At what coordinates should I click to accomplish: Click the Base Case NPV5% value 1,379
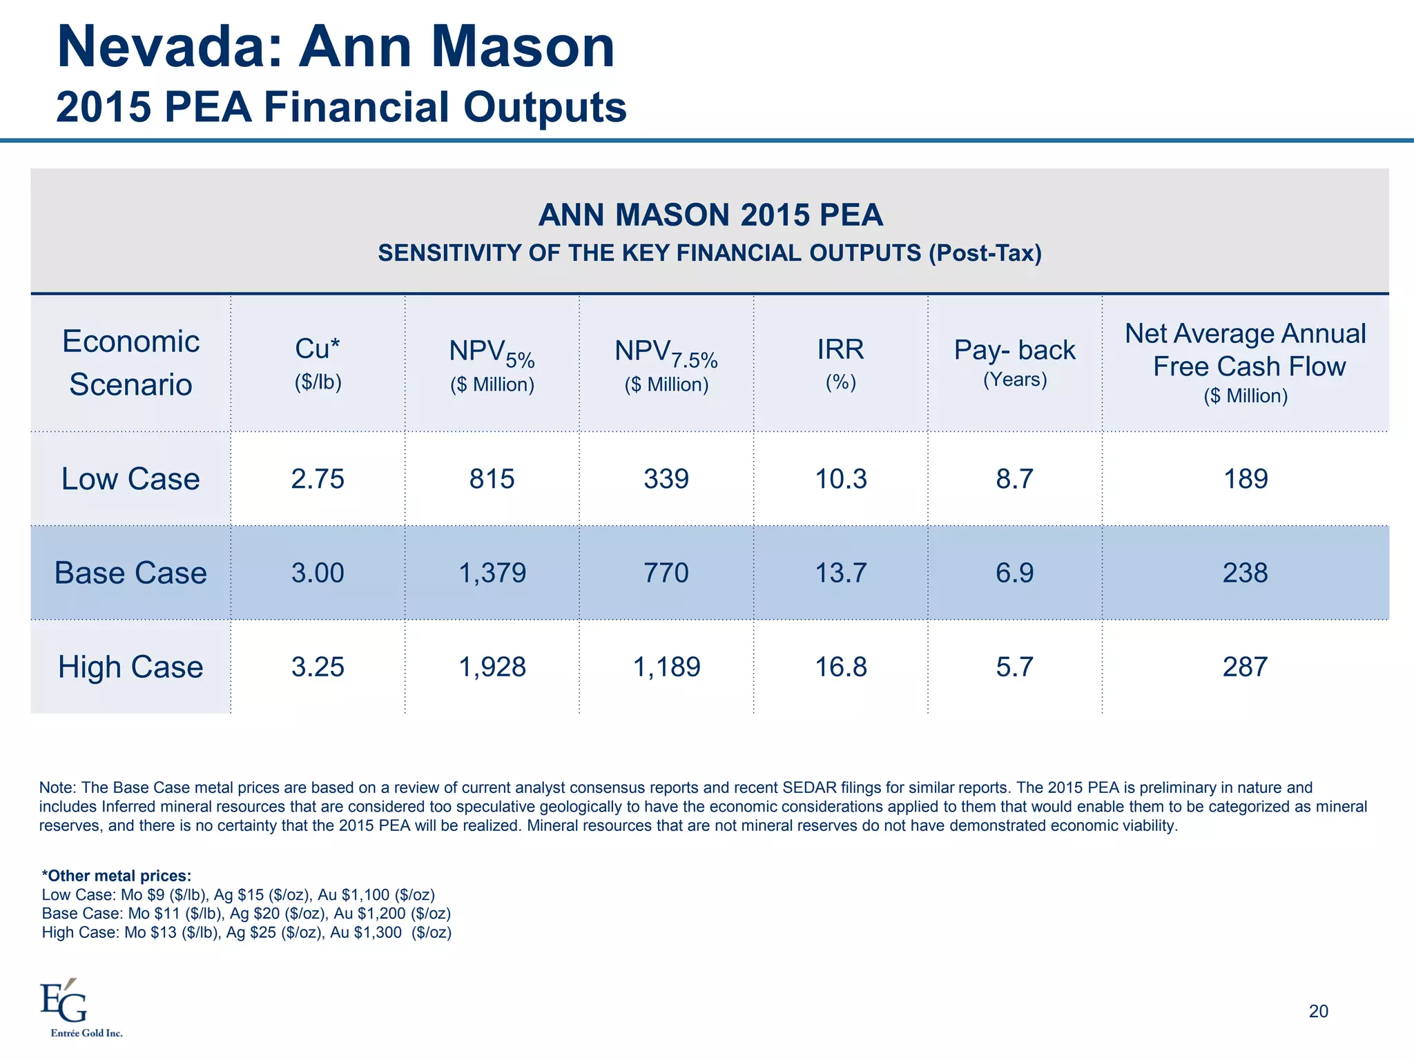[492, 573]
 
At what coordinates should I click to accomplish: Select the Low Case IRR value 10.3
[840, 479]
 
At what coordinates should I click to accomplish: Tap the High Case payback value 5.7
[1014, 667]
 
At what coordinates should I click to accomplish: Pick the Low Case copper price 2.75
[318, 479]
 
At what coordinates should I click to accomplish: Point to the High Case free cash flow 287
[1245, 667]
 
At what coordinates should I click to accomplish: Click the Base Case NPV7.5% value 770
[666, 573]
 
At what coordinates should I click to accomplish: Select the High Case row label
[130, 667]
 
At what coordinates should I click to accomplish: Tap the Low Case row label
[130, 479]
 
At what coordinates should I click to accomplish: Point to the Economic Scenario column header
[130, 362]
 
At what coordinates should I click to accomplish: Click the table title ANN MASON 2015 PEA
[710, 215]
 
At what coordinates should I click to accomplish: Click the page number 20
[1318, 1011]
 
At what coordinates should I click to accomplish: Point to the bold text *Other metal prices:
[116, 876]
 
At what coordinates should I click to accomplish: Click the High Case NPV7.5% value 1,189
[666, 667]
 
